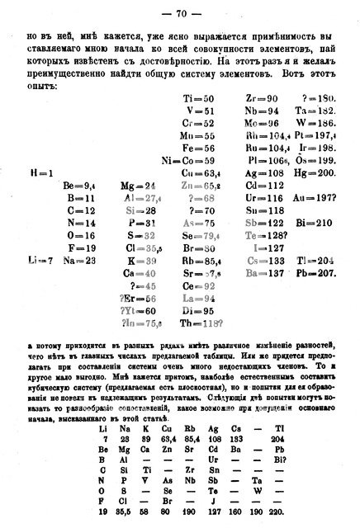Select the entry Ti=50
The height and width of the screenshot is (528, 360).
click(x=199, y=99)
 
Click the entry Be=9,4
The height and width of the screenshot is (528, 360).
click(x=83, y=186)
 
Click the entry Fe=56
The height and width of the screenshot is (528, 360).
click(x=199, y=148)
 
